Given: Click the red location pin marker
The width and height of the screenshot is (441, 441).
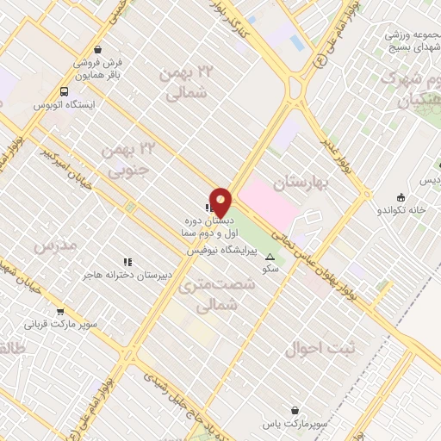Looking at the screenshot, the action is pyautogui.click(x=220, y=203).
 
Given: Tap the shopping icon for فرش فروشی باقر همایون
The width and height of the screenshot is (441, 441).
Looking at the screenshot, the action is pyautogui.click(x=96, y=49).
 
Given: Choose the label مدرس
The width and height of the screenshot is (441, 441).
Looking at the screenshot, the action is pyautogui.click(x=55, y=245).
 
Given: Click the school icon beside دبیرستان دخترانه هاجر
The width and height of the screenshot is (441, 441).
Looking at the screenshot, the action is pyautogui.click(x=127, y=262).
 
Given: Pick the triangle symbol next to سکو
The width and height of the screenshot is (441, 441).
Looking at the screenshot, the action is pyautogui.click(x=270, y=258).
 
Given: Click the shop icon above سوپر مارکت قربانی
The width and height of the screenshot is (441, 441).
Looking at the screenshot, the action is pyautogui.click(x=59, y=312).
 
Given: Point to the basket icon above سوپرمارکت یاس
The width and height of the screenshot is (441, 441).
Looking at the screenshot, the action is pyautogui.click(x=296, y=411).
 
